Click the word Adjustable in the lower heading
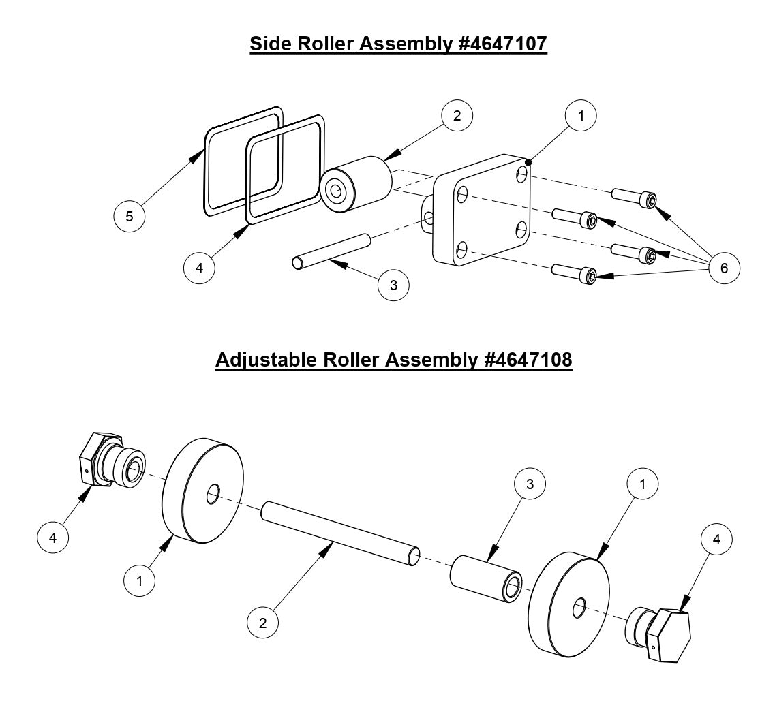tap(264, 359)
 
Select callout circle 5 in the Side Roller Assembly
tap(130, 217)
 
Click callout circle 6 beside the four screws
tap(723, 268)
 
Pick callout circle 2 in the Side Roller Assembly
tap(457, 116)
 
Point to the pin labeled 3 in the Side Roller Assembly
tap(331, 249)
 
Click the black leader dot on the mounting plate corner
tap(528, 161)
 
